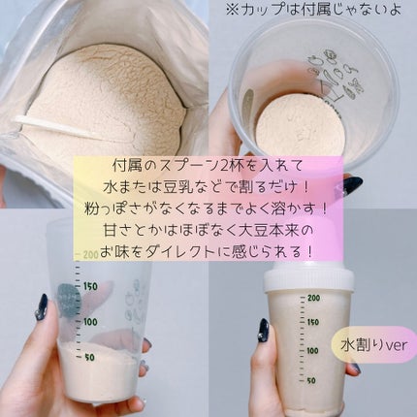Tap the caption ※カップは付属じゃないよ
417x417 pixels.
[x=313, y=10]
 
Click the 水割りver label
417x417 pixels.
[x=374, y=345]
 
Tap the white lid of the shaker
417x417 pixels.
[x=308, y=279]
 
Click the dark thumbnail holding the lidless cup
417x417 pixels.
[x=42, y=306]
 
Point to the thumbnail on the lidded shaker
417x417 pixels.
[x=263, y=330]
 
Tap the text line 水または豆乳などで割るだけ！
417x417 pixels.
[x=208, y=188]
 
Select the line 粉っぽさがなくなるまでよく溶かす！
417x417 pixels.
[x=208, y=209]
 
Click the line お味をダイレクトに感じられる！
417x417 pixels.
[x=208, y=252]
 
